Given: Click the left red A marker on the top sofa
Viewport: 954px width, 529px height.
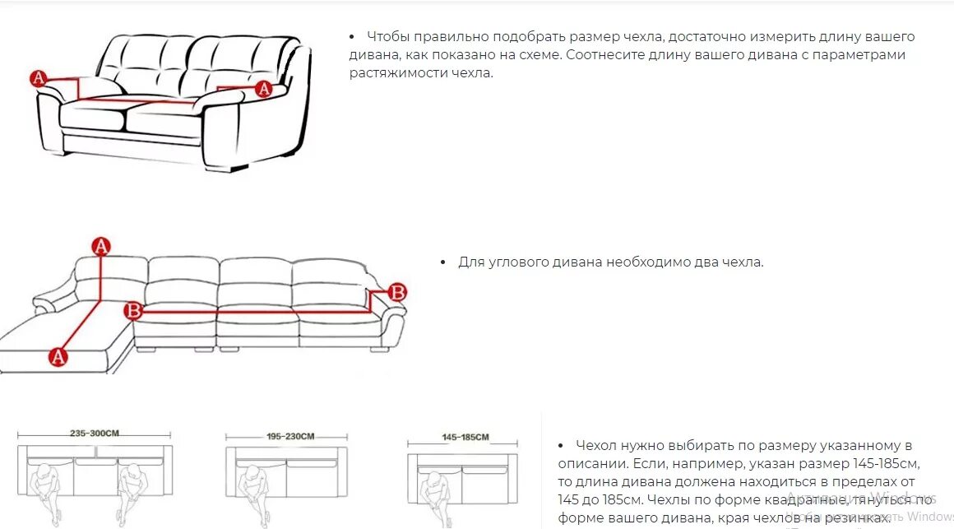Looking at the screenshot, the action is coord(38,78).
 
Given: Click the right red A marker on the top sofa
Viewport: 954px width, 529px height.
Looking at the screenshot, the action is coord(263,88).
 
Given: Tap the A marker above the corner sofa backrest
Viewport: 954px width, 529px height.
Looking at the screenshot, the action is coord(100,245).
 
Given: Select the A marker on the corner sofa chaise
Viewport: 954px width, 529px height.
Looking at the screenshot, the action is coord(57,356).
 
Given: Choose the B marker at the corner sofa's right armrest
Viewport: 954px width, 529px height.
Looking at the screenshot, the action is coord(396,291).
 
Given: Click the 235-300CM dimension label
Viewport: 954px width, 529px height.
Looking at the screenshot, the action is coord(95,433).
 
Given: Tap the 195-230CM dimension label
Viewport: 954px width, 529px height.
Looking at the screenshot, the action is coord(289,436).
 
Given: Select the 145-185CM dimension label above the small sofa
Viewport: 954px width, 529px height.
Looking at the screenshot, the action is coord(465,437).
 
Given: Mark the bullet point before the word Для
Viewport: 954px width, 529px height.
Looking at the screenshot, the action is coord(442,262).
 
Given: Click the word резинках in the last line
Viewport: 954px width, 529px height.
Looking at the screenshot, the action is coord(856,518).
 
